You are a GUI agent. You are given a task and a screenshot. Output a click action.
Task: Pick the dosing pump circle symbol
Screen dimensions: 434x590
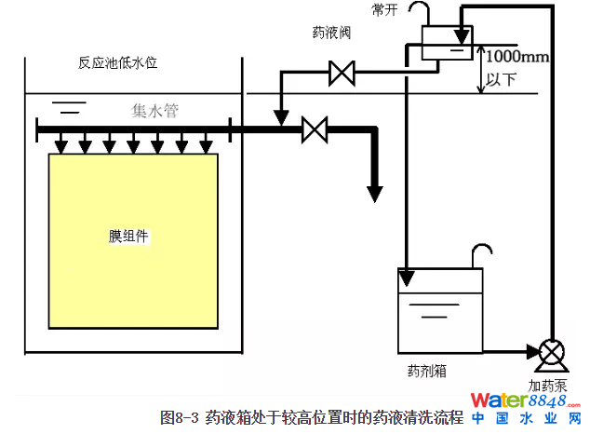550,352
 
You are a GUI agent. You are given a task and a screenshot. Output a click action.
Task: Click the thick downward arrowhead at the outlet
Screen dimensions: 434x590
374,193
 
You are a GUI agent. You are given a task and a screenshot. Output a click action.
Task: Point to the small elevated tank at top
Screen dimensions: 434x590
441,41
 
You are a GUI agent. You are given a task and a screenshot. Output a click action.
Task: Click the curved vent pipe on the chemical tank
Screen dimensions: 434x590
479,253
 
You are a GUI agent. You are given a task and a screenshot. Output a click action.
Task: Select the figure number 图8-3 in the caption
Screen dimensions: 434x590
180,416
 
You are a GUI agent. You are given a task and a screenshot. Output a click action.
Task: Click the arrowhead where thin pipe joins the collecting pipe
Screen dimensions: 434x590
280,118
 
